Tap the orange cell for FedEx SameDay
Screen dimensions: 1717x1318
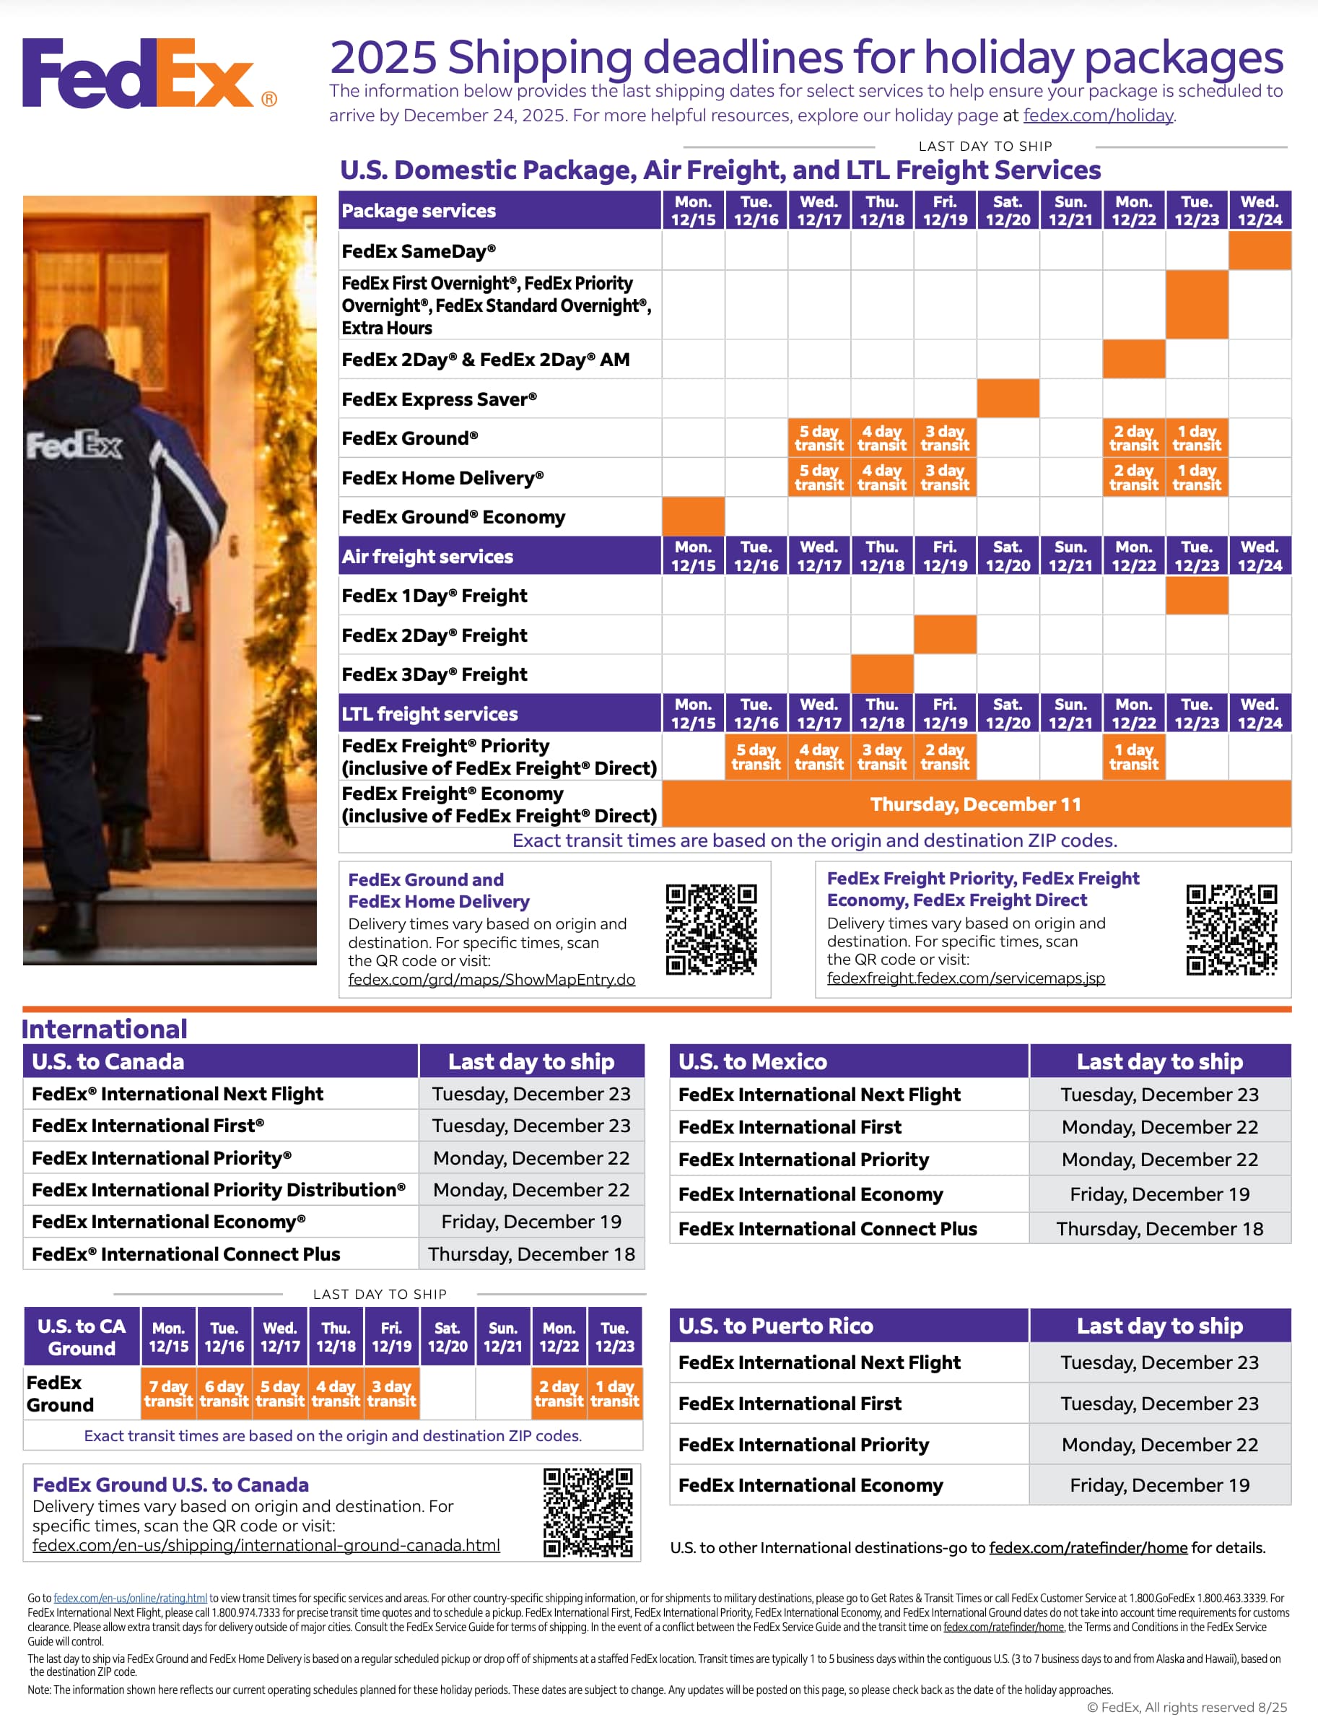coord(1259,251)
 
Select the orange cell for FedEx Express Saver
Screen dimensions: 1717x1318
coord(1008,399)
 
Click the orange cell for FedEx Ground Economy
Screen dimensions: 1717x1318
coord(693,516)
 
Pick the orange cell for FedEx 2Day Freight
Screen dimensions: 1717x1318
coord(945,635)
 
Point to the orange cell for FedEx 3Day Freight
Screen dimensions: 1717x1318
coord(882,674)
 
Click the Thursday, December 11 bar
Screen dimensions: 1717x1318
coord(975,804)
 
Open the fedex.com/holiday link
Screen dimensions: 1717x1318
coord(1098,116)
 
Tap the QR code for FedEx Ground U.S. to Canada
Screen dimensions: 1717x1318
coord(588,1512)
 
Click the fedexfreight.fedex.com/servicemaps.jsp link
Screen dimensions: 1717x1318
coord(965,978)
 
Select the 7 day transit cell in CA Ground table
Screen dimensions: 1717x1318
coord(168,1393)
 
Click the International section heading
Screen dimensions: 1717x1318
coord(105,1029)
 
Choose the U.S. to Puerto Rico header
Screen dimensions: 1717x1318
coord(775,1326)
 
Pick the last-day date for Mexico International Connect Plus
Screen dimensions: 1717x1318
coord(1158,1228)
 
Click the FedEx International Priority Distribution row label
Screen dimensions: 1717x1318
coord(218,1190)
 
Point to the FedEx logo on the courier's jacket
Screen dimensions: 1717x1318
coord(74,445)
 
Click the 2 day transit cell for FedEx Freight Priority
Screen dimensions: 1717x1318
coord(945,757)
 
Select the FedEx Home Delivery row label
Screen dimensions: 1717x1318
coord(442,477)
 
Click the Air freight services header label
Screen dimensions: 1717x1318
coord(427,557)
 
